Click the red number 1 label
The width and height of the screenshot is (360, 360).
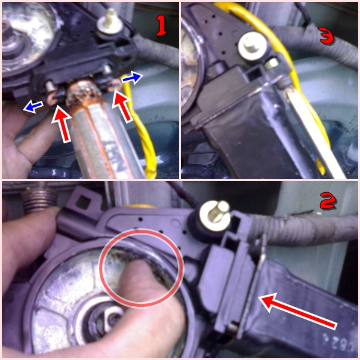click(162, 27)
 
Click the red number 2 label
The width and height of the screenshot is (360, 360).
click(328, 201)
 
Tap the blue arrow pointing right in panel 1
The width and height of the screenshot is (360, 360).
click(132, 78)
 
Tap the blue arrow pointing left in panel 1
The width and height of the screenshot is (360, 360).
click(33, 107)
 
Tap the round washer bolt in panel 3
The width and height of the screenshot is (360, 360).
click(252, 46)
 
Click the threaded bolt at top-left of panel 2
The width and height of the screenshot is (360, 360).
click(39, 197)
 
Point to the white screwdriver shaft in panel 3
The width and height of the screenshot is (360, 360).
click(313, 133)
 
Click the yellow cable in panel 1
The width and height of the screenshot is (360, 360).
click(140, 128)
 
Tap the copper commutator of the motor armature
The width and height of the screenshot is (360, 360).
click(84, 94)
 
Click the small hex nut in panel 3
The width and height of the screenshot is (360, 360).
click(272, 64)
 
